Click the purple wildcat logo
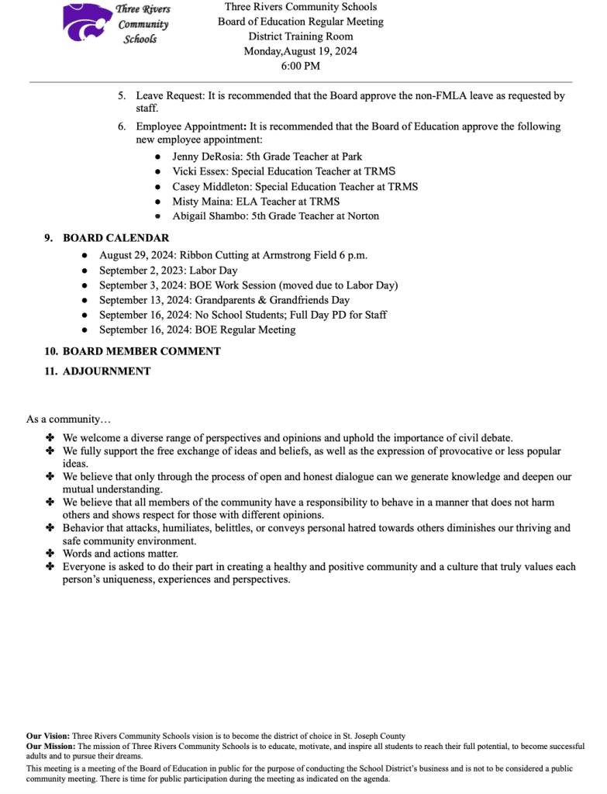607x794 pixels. (x=86, y=22)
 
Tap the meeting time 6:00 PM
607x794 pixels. (x=301, y=66)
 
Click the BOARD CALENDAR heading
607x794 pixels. (x=116, y=238)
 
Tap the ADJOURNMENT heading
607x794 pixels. (x=106, y=371)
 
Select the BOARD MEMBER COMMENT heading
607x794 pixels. (x=141, y=351)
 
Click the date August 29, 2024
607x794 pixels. (x=137, y=255)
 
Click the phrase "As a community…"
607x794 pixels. (x=69, y=419)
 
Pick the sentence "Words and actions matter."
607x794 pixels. (x=120, y=554)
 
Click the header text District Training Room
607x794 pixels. (x=301, y=36)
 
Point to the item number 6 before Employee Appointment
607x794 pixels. (x=122, y=126)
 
